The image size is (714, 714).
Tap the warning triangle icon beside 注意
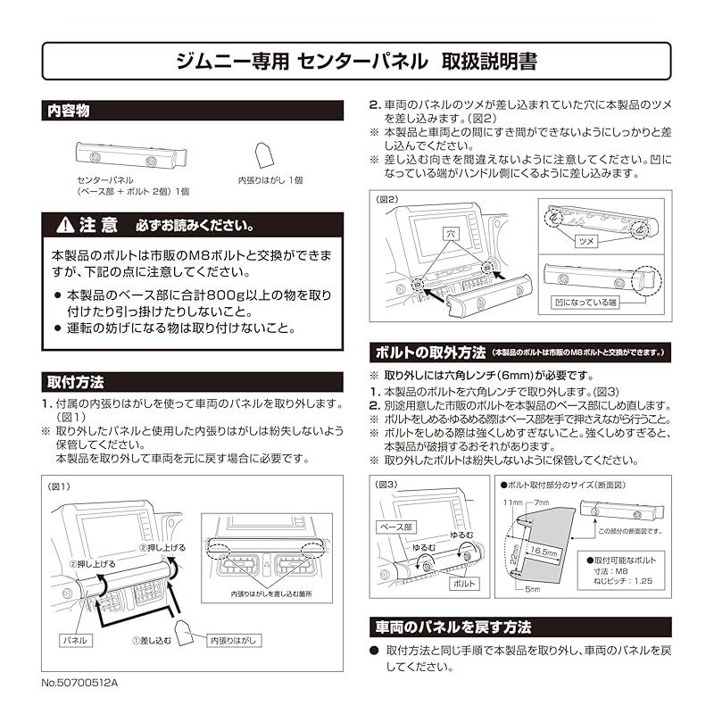pyautogui.click(x=64, y=223)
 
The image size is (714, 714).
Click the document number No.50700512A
pyautogui.click(x=79, y=683)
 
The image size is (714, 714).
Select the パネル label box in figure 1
pyautogui.click(x=72, y=640)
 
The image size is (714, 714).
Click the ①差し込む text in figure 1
pyautogui.click(x=151, y=640)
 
